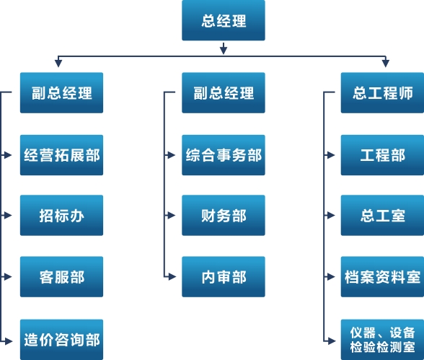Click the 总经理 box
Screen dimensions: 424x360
click(224, 20)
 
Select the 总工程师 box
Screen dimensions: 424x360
click(382, 93)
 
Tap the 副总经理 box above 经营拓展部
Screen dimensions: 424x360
click(62, 93)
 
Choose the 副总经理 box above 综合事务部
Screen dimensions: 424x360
click(224, 93)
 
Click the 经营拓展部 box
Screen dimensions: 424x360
click(62, 155)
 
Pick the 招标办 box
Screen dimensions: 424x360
click(62, 215)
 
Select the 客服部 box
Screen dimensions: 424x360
click(62, 277)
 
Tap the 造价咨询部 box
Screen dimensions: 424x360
click(62, 340)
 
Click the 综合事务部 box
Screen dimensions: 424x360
click(224, 155)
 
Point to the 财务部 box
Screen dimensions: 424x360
click(224, 215)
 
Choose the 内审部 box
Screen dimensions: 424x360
click(224, 277)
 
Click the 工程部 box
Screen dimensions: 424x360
click(382, 155)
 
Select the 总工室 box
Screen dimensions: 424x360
click(382, 215)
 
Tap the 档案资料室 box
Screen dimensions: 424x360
click(382, 277)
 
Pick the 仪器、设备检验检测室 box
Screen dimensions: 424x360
click(382, 340)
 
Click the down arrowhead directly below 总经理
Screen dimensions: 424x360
click(224, 51)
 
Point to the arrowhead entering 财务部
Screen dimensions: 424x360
click(172, 215)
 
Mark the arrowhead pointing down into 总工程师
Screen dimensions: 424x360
click(386, 63)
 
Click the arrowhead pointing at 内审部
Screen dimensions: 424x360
click(172, 277)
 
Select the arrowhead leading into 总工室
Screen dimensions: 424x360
click(331, 215)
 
